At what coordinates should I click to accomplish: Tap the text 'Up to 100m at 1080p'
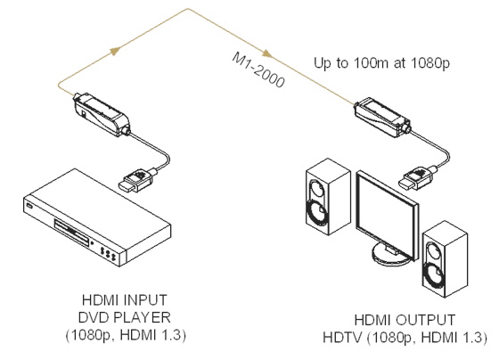[x=381, y=63]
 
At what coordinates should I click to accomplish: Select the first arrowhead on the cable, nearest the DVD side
[x=115, y=51]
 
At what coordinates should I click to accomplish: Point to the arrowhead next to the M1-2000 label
[x=267, y=53]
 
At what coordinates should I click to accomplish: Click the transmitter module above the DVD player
[x=102, y=115]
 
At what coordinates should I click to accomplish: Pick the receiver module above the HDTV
[x=382, y=118]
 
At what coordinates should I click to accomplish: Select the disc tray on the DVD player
[x=72, y=233]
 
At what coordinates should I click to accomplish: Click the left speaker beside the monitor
[x=328, y=197]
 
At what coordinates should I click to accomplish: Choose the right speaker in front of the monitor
[x=445, y=258]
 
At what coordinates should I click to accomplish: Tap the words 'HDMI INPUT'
[x=125, y=300]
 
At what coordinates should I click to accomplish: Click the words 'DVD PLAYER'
[x=125, y=317]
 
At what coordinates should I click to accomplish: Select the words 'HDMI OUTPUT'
[x=405, y=320]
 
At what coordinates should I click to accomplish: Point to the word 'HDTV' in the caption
[x=342, y=338]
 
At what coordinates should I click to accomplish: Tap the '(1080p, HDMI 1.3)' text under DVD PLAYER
[x=126, y=335]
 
